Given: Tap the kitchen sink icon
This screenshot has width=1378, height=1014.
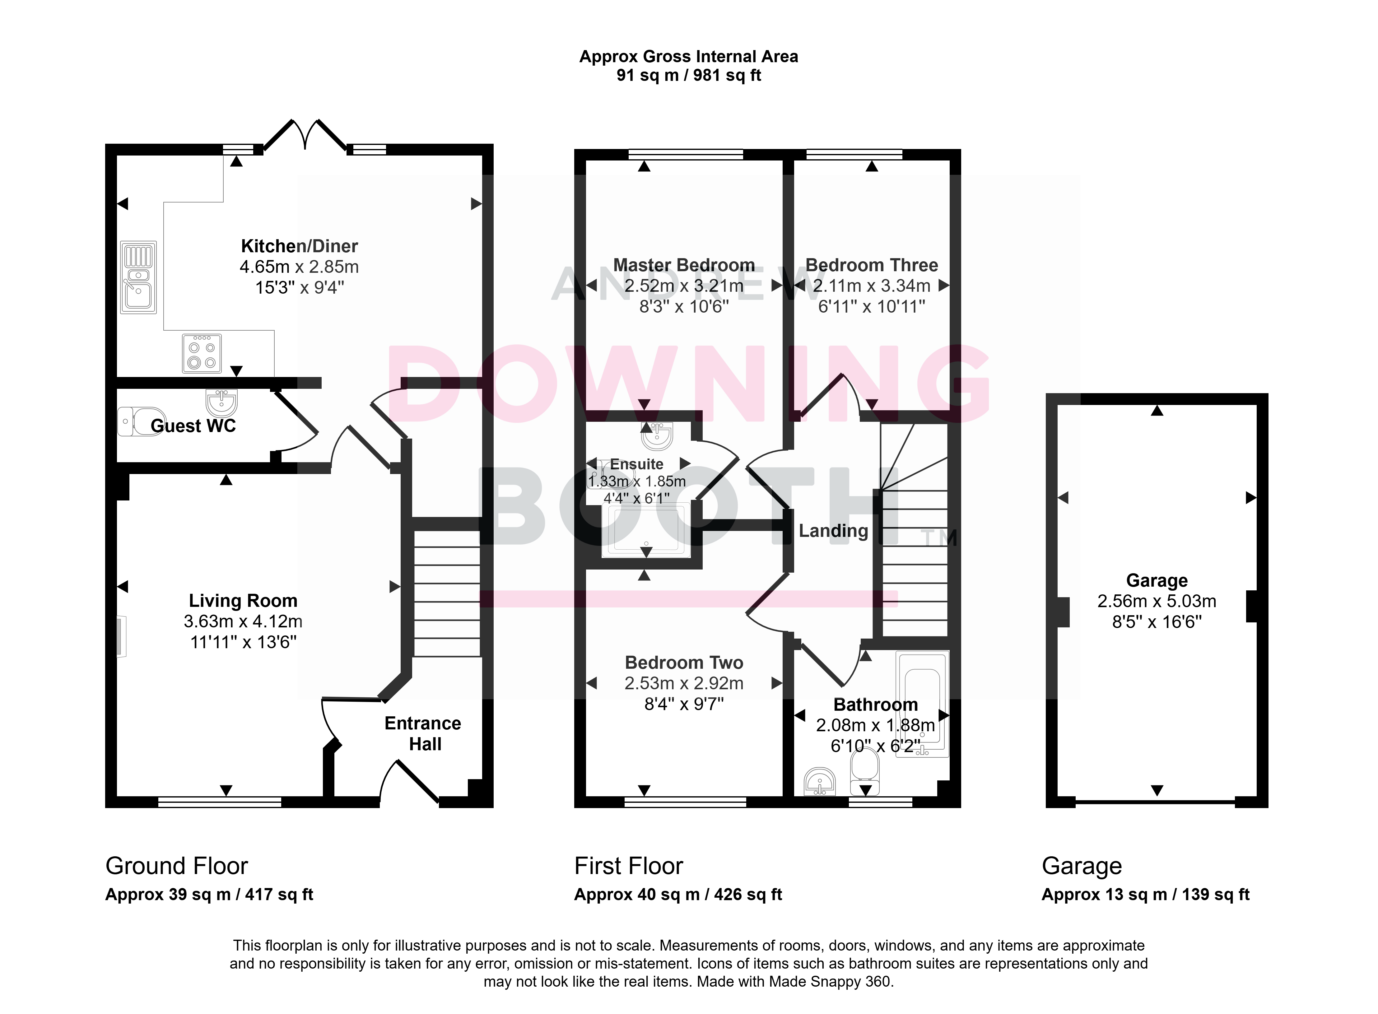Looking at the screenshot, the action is [x=139, y=277].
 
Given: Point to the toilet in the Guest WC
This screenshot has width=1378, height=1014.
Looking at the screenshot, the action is [x=141, y=422].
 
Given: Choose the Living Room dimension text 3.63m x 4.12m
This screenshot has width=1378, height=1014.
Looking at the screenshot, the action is [x=243, y=621].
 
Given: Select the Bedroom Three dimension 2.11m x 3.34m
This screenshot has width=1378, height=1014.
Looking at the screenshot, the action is [x=872, y=286].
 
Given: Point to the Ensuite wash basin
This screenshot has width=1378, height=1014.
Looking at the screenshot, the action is [x=657, y=436].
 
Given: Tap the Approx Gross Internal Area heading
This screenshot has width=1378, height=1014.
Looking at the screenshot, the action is [x=689, y=57].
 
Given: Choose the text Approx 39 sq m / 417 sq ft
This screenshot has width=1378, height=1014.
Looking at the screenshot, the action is [x=209, y=894].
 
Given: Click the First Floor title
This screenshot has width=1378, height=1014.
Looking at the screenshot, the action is [x=629, y=866].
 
